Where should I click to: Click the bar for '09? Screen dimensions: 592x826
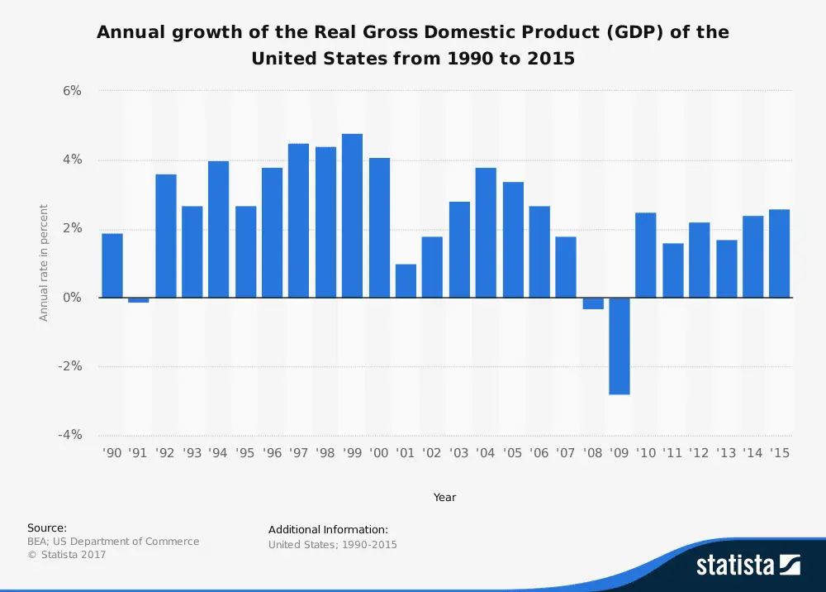[619, 346]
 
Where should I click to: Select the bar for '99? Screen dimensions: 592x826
[352, 215]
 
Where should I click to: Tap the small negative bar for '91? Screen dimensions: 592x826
[139, 300]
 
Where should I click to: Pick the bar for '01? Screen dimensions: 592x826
[406, 280]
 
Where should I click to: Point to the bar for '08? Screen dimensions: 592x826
[593, 303]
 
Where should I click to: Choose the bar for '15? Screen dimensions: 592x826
[779, 253]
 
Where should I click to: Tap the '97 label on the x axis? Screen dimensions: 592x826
[298, 452]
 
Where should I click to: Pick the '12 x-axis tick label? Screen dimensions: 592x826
[699, 452]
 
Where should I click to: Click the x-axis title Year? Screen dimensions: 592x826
[444, 497]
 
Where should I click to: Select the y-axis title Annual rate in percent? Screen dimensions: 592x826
[45, 263]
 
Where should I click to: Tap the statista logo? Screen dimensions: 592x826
[748, 566]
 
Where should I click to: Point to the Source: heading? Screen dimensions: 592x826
[47, 528]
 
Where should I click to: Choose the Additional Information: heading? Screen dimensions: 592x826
[328, 529]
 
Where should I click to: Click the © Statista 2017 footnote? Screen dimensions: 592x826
[67, 555]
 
